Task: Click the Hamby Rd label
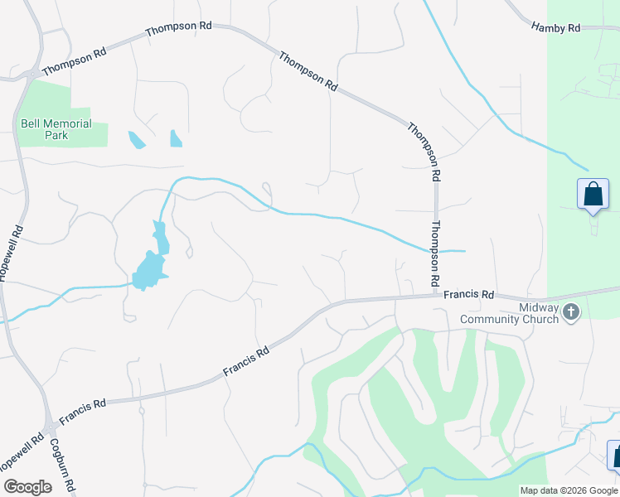pyautogui.click(x=555, y=28)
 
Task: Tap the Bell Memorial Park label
pyautogui.click(x=56, y=129)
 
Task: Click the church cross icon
pyautogui.click(x=570, y=312)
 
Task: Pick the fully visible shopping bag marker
pyautogui.click(x=593, y=195)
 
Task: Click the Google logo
pyautogui.click(x=27, y=487)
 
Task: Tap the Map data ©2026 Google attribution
pyautogui.click(x=569, y=490)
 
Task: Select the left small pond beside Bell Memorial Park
pyautogui.click(x=137, y=140)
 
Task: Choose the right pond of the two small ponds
pyautogui.click(x=176, y=138)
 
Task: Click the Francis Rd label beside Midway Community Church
pyautogui.click(x=468, y=294)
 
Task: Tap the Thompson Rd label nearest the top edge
pyautogui.click(x=178, y=28)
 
